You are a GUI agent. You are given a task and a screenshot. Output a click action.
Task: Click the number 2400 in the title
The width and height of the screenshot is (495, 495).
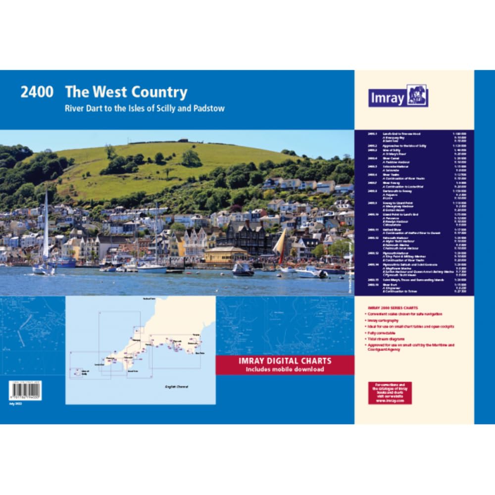point(37,93)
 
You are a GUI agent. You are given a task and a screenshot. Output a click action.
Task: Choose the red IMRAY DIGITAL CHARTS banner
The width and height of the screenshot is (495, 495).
point(285,365)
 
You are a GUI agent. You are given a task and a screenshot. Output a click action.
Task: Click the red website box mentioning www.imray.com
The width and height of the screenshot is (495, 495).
point(390,393)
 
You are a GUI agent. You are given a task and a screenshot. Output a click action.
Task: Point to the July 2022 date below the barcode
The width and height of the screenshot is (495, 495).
point(16,403)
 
